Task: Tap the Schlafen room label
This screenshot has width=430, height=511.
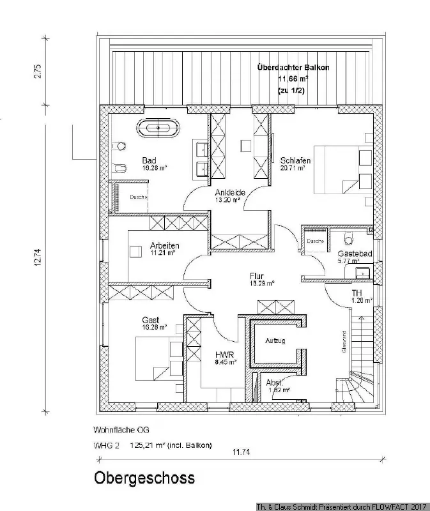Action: coord(295,160)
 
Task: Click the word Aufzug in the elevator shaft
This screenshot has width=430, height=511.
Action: coord(275,341)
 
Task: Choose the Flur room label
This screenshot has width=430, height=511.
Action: coord(257,276)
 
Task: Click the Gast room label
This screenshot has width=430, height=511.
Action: coord(151,319)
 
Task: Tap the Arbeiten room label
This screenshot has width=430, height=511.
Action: coord(164,245)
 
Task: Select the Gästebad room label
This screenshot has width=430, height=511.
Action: coord(355,254)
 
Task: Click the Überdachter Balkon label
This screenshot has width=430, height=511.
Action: coord(293,67)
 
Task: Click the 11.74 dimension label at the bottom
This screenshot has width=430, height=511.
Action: coord(241,452)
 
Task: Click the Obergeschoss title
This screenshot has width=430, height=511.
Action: coord(144,477)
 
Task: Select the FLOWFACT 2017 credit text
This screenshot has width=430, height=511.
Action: coord(397,505)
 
